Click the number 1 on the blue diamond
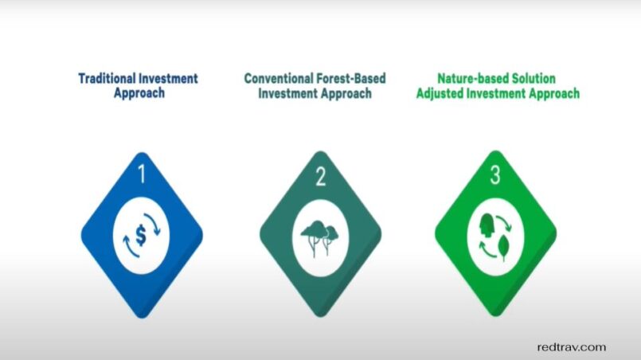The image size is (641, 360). coord(142,174)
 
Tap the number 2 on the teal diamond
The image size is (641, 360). coord(321,177)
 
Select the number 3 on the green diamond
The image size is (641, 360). coord(495,174)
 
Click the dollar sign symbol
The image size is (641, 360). coord(141,235)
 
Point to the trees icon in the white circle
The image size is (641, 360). coord(320,238)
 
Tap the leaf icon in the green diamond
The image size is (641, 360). coord(504,247)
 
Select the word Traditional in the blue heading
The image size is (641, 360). coord(107,78)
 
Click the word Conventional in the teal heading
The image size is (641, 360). coord(278,78)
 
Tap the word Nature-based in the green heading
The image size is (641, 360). coord(464,78)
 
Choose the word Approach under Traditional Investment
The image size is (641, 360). coord(139,93)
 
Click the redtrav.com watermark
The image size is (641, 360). coord(572,347)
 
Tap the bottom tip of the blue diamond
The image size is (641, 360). coord(142,318)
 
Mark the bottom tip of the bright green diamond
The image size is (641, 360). coord(495,316)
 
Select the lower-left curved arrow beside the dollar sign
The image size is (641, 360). coord(130,248)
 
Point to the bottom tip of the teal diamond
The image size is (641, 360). coord(320,316)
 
